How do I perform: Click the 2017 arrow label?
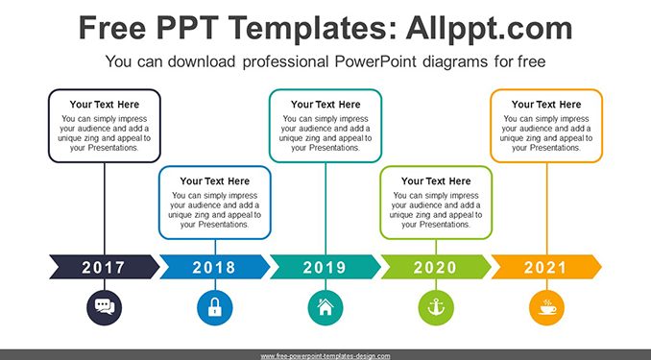[x=105, y=267]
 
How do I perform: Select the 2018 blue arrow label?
[x=215, y=267]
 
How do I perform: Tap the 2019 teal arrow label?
[x=325, y=267]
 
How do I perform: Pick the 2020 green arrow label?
[x=436, y=267]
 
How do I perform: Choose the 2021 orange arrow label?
[x=546, y=267]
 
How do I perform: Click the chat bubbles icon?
[x=105, y=308]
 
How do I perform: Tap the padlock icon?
[x=215, y=308]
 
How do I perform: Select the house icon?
[x=325, y=308]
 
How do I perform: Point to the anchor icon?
[x=436, y=308]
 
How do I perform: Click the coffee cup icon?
[x=546, y=308]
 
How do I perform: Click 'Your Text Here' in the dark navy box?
[x=105, y=105]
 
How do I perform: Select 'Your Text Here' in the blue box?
[x=215, y=181]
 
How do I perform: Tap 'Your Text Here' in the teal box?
[x=325, y=105]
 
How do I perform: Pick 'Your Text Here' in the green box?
[x=436, y=181]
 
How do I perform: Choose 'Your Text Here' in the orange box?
[x=546, y=105]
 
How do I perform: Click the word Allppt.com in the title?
[x=489, y=29]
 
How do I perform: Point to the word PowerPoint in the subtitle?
[x=375, y=61]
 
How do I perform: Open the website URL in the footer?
[x=325, y=356]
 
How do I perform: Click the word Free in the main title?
[x=112, y=28]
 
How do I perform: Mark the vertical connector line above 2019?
[x=325, y=209]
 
